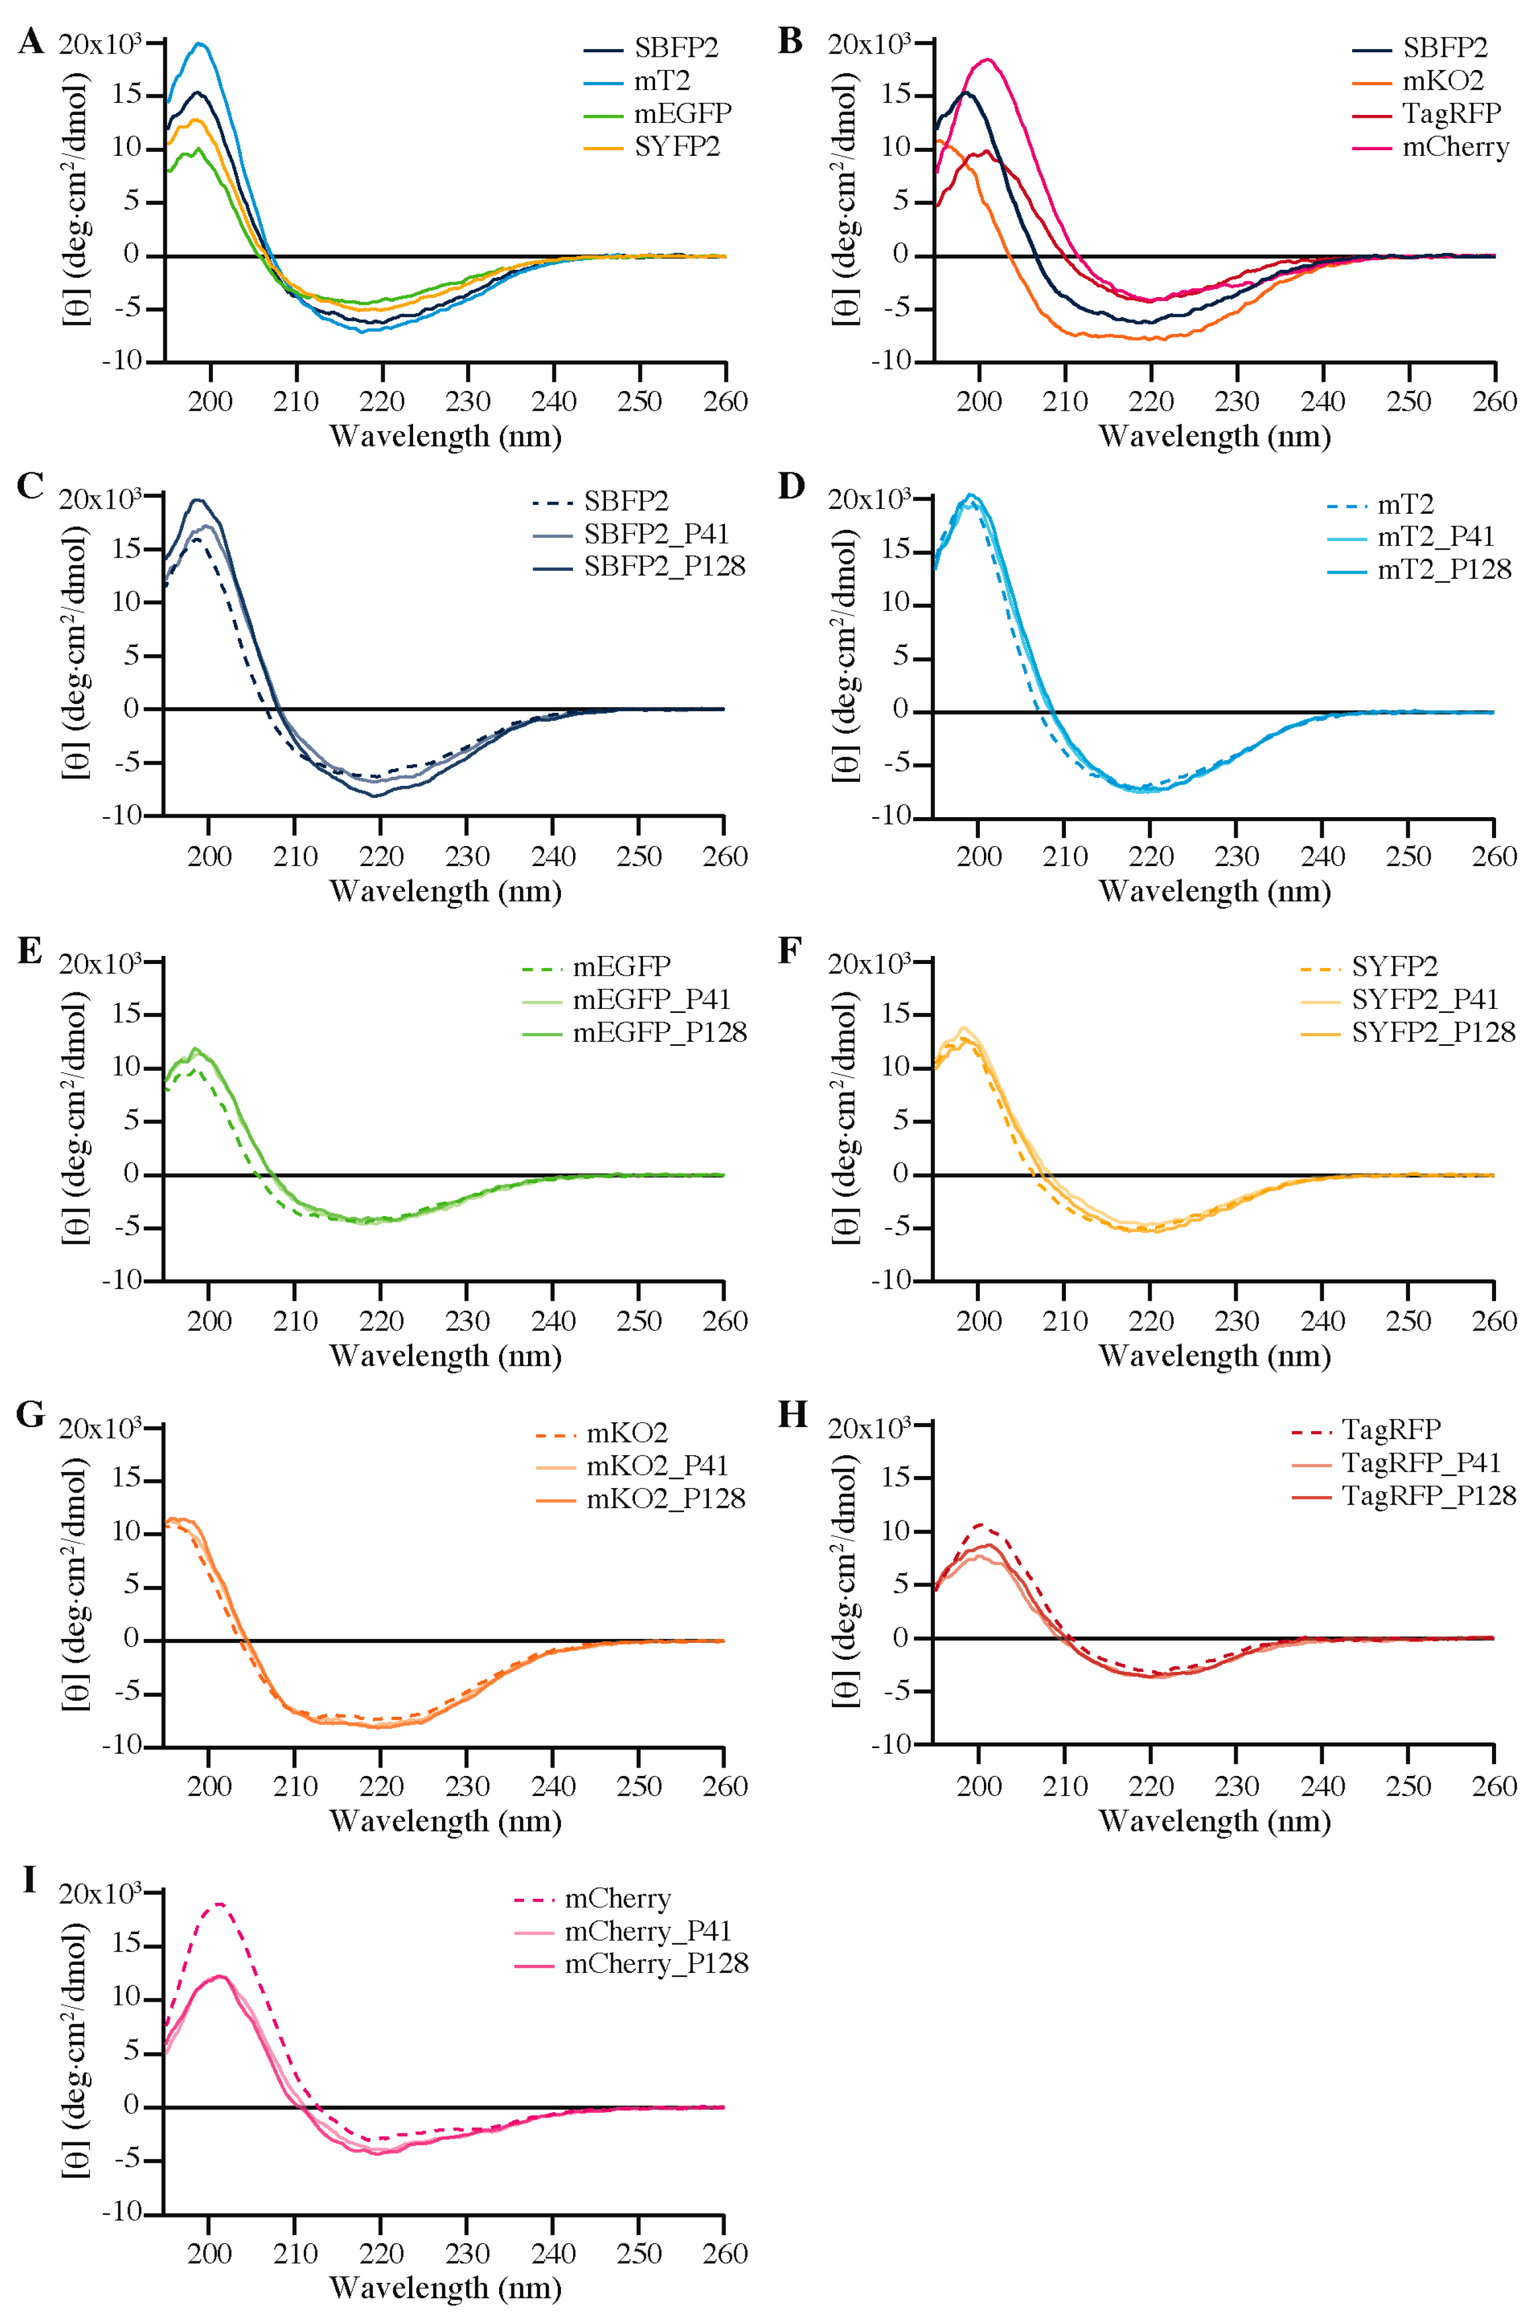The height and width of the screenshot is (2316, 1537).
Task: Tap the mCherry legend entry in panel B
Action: point(1454,147)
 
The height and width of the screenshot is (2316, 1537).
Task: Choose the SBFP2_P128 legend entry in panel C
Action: point(664,567)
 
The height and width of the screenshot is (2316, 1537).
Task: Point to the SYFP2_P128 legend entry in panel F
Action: point(1433,1032)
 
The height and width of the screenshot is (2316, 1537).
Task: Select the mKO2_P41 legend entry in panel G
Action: point(657,1465)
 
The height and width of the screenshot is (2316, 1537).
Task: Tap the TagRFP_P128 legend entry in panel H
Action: point(1428,1495)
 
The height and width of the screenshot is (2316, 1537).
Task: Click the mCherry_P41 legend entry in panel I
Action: point(647,1931)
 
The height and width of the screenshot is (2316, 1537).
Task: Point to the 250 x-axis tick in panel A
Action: point(639,402)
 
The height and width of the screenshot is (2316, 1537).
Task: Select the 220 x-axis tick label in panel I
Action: point(381,2253)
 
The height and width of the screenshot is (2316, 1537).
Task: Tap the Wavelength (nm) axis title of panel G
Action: point(445,1821)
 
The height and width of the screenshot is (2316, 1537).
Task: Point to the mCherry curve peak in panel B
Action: point(988,60)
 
